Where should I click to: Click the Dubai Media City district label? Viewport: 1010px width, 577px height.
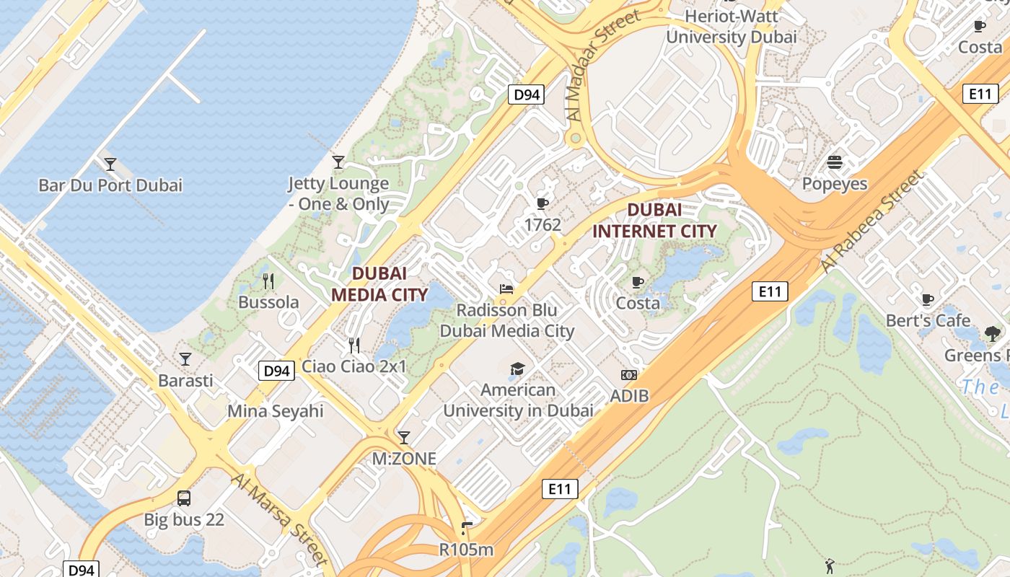pos(379,283)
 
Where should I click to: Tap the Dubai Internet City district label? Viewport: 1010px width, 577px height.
pos(654,221)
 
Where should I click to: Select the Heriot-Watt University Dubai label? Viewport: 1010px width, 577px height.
pos(731,26)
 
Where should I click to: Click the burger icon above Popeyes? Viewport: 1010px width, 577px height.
pos(835,163)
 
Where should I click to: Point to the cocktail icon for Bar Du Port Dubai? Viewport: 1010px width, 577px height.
pos(110,164)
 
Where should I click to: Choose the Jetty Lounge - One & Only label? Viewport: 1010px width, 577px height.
pos(338,194)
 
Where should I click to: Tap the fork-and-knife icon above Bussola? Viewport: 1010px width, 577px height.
pos(268,281)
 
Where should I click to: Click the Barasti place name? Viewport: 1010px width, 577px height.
pos(185,380)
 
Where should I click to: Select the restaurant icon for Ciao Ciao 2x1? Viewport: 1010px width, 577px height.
pos(354,345)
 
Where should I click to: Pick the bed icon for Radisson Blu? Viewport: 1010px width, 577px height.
pos(506,289)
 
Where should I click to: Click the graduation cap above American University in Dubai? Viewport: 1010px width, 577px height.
pos(517,369)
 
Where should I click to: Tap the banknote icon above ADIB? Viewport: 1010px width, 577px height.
pos(629,375)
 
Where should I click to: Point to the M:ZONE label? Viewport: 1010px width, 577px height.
pos(404,459)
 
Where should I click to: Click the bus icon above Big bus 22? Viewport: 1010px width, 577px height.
pos(184,498)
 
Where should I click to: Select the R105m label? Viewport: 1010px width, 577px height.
pos(466,550)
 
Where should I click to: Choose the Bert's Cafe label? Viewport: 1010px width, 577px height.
pos(928,320)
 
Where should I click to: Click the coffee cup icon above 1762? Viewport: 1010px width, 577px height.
pos(543,204)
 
